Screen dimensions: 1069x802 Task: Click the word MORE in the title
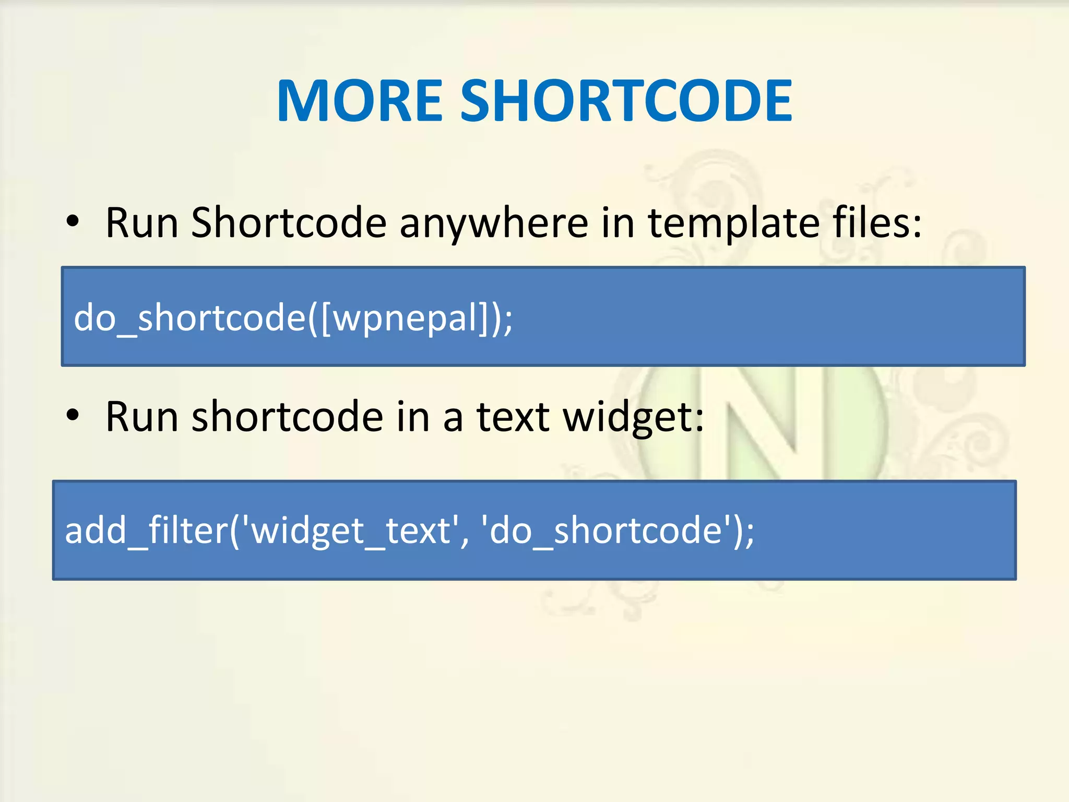coord(360,100)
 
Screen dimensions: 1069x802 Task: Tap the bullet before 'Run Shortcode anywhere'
coord(73,221)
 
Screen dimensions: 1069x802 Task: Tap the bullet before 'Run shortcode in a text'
coord(73,416)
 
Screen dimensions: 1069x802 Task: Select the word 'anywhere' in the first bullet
coord(494,223)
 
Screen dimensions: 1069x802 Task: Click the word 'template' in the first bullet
coord(733,223)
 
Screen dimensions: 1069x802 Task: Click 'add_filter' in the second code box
coord(146,530)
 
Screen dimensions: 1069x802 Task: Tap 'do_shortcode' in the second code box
coord(605,530)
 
